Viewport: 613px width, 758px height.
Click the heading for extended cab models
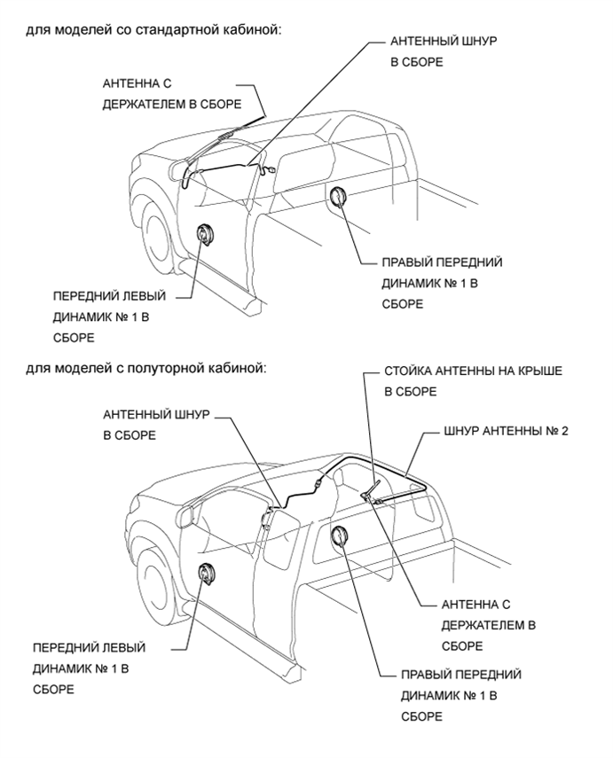146,367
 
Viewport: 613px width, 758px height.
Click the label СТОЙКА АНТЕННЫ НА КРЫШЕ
473,380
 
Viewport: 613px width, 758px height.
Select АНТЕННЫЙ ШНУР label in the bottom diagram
156,425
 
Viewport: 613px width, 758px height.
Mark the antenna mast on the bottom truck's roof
373,488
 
